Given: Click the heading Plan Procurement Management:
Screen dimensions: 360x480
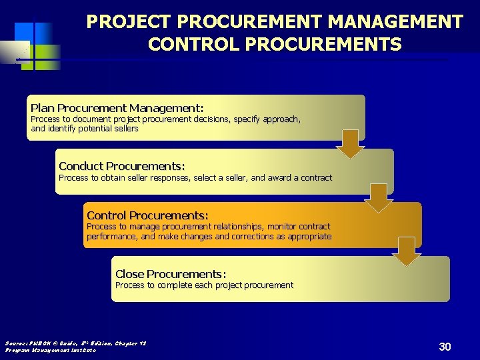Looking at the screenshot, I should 117,108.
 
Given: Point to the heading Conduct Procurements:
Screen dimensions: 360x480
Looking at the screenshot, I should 122,166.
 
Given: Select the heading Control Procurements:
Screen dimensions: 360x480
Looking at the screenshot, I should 147,215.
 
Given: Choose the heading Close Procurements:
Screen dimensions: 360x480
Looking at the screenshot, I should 171,274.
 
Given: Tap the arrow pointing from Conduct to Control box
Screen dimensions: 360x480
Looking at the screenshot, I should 378,198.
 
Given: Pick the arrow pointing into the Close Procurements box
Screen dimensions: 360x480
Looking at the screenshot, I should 406,251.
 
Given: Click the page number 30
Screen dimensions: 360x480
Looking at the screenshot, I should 445,347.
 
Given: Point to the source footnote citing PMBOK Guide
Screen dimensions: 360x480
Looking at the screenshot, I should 75,343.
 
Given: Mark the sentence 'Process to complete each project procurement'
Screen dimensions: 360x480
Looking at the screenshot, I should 204,285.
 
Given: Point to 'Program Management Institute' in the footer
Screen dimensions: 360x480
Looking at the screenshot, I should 51,350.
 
